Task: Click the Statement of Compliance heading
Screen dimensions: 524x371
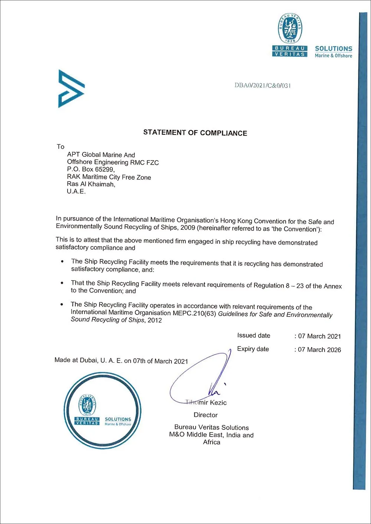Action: (195, 133)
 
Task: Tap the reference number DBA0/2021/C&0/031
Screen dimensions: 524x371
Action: (263, 85)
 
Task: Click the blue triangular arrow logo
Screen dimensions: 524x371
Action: (71, 89)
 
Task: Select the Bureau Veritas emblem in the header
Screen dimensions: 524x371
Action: (290, 29)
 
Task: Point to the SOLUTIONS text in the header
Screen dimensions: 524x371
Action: (334, 49)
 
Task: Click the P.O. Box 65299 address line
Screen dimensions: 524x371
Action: (91, 169)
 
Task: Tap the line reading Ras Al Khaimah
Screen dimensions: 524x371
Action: (91, 184)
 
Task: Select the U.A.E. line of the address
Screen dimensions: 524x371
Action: (76, 191)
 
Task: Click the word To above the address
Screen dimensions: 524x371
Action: (60, 146)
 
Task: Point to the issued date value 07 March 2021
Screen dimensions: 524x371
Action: (319, 336)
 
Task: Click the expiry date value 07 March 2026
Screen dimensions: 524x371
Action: (319, 349)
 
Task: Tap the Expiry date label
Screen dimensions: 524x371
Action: (253, 349)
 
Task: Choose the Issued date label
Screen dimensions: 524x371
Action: (254, 335)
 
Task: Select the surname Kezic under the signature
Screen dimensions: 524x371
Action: (218, 402)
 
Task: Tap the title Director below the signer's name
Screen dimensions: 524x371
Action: (206, 415)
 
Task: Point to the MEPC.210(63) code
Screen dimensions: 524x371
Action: (194, 313)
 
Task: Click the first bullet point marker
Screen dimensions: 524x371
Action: (62, 262)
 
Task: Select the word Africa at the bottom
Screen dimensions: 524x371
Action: (211, 442)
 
